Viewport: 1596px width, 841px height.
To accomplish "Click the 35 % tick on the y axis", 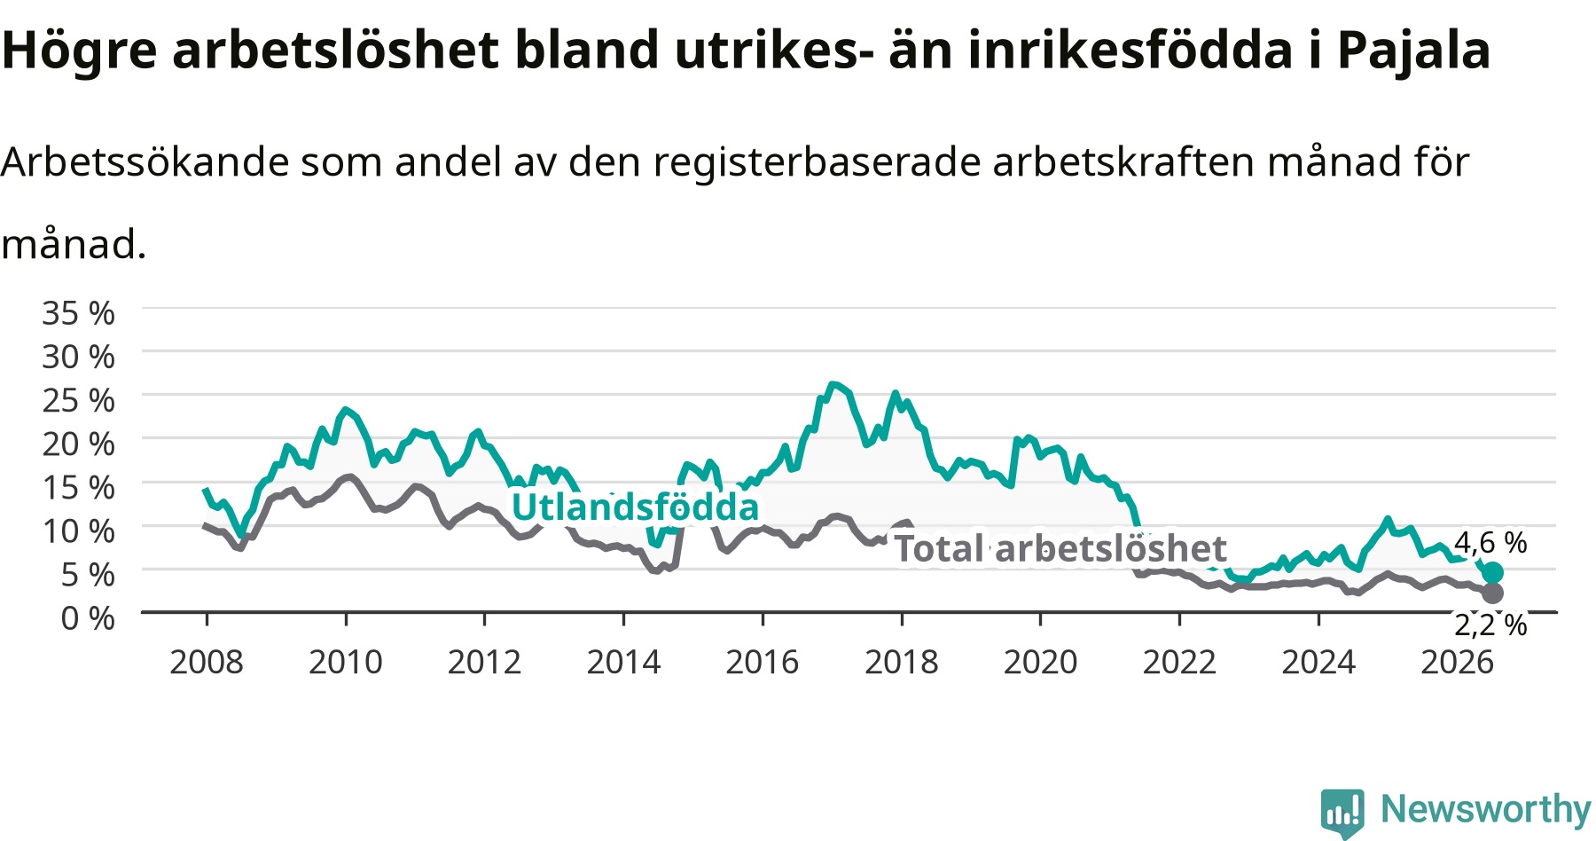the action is click(x=78, y=313).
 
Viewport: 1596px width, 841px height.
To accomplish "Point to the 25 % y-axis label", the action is click(x=78, y=400).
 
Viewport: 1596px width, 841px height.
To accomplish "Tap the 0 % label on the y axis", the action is click(x=88, y=617).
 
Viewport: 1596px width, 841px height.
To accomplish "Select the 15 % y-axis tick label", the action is click(x=78, y=487).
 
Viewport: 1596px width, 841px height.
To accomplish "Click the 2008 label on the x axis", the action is click(x=207, y=662).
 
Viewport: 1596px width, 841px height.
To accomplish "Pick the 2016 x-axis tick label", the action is click(x=763, y=662).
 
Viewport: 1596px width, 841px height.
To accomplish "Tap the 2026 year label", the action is click(x=1458, y=662).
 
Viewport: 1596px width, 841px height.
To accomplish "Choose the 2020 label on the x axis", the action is click(x=1041, y=662).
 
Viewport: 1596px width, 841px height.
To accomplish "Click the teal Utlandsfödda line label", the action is click(x=635, y=507).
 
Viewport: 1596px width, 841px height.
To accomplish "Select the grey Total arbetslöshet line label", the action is click(x=1060, y=548).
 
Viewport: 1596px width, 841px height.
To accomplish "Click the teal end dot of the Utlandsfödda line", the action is click(x=1493, y=572).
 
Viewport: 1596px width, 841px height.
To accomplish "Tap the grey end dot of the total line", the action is click(x=1493, y=593).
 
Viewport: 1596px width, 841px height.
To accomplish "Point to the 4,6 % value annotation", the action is click(x=1490, y=542).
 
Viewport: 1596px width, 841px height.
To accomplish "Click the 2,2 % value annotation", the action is click(x=1490, y=625).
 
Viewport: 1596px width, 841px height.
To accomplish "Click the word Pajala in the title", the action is click(x=1413, y=51).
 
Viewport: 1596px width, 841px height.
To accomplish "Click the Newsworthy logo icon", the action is click(x=1342, y=813).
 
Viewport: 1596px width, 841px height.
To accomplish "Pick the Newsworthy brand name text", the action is click(x=1486, y=809).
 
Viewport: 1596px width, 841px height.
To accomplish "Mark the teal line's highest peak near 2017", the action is click(x=833, y=384).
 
